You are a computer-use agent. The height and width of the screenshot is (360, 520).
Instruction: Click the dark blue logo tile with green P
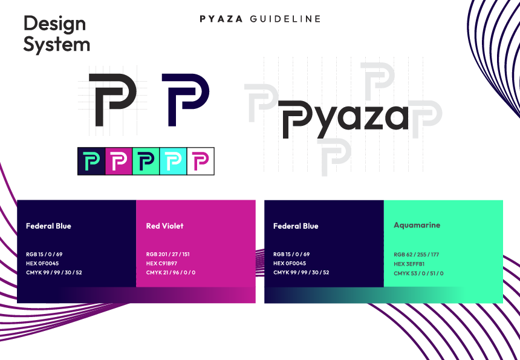[91, 162]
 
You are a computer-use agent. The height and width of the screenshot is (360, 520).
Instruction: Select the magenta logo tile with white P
[119, 162]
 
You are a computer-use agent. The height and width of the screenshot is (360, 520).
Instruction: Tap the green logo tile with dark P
[146, 162]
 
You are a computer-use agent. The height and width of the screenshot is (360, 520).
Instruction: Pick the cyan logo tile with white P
[173, 162]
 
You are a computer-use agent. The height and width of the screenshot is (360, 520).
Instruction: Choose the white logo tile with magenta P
[200, 162]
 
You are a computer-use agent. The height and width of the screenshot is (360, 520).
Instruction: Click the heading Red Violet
[164, 226]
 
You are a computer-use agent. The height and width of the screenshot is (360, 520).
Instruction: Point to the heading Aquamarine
[417, 225]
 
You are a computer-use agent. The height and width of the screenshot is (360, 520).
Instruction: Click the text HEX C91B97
[162, 263]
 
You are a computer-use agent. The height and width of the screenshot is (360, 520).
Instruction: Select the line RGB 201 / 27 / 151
[168, 254]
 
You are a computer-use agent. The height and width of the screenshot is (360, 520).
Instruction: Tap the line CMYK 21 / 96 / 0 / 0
[171, 273]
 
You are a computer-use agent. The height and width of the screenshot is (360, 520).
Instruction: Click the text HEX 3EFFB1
[409, 264]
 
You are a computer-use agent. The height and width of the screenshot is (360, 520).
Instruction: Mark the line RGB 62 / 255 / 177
[416, 255]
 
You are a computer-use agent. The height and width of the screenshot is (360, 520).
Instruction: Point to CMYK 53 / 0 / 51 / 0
[418, 273]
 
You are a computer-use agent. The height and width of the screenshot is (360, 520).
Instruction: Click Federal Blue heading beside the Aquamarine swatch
[296, 226]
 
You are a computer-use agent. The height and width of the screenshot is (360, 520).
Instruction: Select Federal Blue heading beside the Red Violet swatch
[48, 226]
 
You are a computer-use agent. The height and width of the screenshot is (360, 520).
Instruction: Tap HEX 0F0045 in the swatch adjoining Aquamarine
[290, 263]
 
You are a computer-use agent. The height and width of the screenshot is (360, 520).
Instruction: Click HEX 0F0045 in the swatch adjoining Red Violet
[42, 263]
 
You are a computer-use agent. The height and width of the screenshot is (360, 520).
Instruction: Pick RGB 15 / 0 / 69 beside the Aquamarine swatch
[291, 254]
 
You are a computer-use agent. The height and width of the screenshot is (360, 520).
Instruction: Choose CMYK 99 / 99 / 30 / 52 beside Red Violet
[54, 273]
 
